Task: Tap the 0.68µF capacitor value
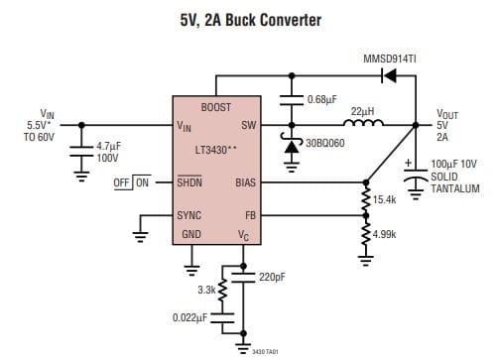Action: click(323, 99)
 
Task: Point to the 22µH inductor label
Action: click(362, 111)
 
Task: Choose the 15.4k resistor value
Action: click(385, 199)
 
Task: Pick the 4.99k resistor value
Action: click(385, 234)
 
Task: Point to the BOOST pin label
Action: click(216, 107)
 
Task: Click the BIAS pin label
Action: click(244, 182)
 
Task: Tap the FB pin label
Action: click(249, 214)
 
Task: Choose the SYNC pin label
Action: click(188, 214)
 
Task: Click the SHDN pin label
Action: click(189, 182)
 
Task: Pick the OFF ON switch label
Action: click(132, 182)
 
